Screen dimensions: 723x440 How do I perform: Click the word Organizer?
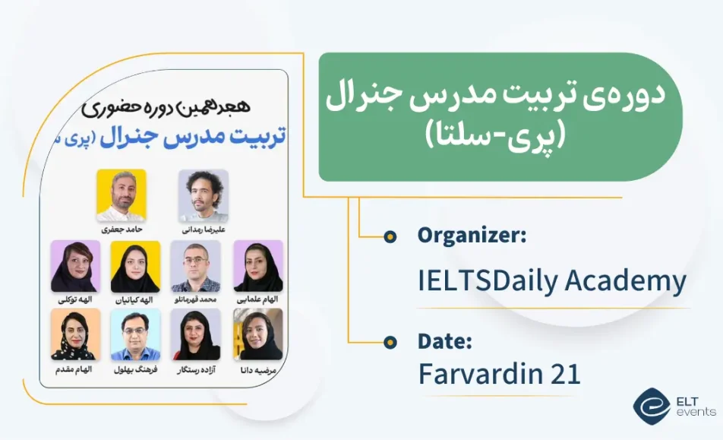pos(472,236)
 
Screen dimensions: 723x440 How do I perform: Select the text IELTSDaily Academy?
pos(552,280)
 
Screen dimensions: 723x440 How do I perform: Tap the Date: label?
pos(444,341)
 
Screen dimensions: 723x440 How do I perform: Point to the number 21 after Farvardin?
pos(565,374)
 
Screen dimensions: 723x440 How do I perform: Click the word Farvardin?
pos(481,374)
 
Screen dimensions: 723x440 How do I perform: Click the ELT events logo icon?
pos(651,406)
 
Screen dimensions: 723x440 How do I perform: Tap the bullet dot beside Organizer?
pos(390,236)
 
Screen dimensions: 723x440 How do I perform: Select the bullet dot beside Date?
pos(390,342)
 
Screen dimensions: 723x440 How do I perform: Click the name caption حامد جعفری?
pos(122,229)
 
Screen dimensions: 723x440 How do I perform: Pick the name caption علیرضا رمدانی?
pos(204,229)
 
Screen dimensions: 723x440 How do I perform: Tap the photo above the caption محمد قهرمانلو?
pos(195,267)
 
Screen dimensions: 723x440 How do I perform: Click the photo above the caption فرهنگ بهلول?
pos(135,334)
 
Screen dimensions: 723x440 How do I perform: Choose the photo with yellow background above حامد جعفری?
pos(122,195)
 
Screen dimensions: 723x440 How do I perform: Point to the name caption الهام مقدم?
pos(74,369)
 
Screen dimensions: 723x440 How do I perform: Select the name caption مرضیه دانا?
pos(258,369)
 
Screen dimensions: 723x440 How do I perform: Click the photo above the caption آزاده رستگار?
pos(195,334)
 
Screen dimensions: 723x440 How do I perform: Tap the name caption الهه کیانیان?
pos(134,299)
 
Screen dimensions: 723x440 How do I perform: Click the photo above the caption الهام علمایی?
pos(258,267)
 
